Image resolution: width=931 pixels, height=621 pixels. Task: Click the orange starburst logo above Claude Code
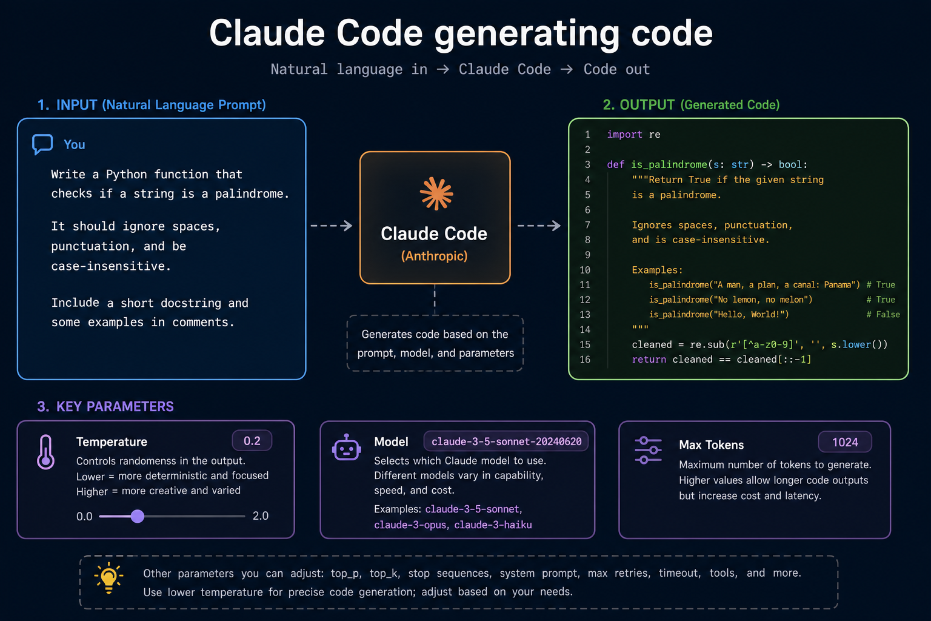coord(436,194)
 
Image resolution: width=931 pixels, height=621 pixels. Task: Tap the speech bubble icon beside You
coord(42,144)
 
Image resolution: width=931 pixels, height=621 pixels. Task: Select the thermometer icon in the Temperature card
coord(45,452)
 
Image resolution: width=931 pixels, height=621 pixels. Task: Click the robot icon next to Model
coord(346,448)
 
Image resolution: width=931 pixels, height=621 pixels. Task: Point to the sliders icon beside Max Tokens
coord(648,450)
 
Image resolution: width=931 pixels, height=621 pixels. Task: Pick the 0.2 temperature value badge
coord(252,441)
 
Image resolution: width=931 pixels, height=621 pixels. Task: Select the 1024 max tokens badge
coord(845,442)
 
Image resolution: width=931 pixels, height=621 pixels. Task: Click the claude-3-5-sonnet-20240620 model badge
coord(506,441)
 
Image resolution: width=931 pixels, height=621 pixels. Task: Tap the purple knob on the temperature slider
coord(138,516)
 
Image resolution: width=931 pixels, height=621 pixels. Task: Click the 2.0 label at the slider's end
coord(261,515)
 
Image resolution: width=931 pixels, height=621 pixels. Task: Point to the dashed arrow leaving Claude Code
coord(539,226)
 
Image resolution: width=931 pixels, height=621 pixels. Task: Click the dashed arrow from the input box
coord(332,226)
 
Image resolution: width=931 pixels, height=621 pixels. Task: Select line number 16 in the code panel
coord(585,360)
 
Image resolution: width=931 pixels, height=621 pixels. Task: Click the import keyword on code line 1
coord(624,135)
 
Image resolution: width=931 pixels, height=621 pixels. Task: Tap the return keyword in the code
coord(649,360)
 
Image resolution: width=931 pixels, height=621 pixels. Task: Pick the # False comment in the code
coord(883,315)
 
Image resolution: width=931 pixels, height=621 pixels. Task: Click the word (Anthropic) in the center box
coord(435,256)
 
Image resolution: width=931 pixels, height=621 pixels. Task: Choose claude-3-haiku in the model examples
coord(493,525)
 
